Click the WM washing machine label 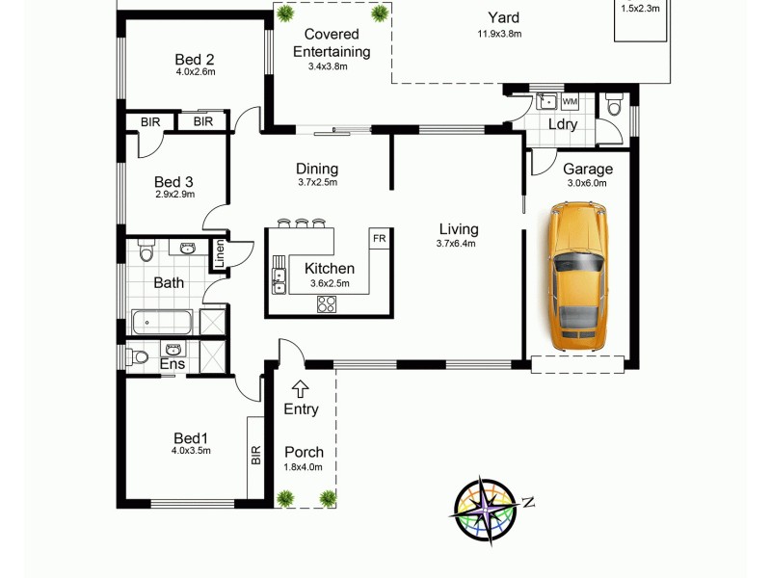[569, 101]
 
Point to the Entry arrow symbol [301, 388]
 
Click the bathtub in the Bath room [162, 321]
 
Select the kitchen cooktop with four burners [328, 305]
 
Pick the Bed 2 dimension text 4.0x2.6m [195, 71]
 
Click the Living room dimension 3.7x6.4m [458, 244]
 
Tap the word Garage [588, 170]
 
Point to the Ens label [172, 364]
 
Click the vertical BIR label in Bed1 [256, 455]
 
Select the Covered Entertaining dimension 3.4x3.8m [328, 66]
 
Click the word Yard [502, 17]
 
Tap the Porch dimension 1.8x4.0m [303, 467]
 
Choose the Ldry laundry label [563, 125]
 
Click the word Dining [317, 170]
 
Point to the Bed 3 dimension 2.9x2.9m [174, 195]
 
